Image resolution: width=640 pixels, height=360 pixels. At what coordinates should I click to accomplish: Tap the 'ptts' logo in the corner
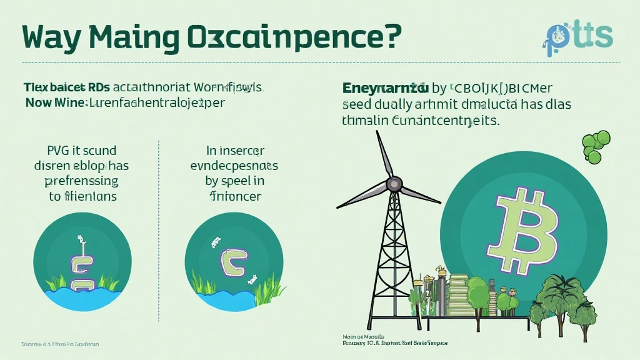pos(578,36)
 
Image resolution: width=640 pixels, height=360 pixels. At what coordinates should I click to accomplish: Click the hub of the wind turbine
pos(394,183)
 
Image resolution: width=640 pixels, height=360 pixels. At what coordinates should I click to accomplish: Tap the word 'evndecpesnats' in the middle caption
pos(234,166)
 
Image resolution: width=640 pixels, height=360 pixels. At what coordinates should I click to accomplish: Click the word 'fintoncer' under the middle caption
pos(234,196)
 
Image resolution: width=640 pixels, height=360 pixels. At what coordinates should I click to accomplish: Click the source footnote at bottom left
pos(60,344)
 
